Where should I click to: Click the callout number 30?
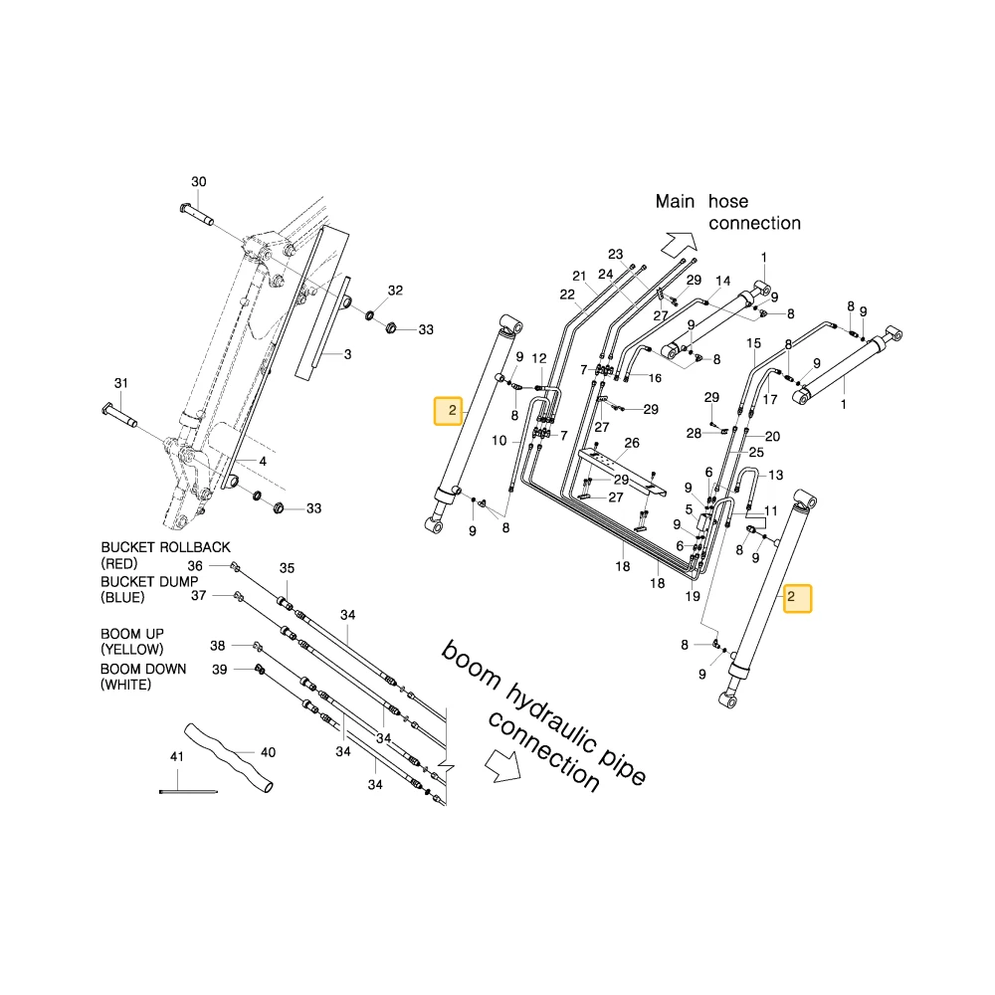199,182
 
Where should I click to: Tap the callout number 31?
121,383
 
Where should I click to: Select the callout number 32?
395,291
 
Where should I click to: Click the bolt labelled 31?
119,416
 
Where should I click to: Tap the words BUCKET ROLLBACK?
165,547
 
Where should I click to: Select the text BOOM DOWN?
143,669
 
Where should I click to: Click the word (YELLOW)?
132,649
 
